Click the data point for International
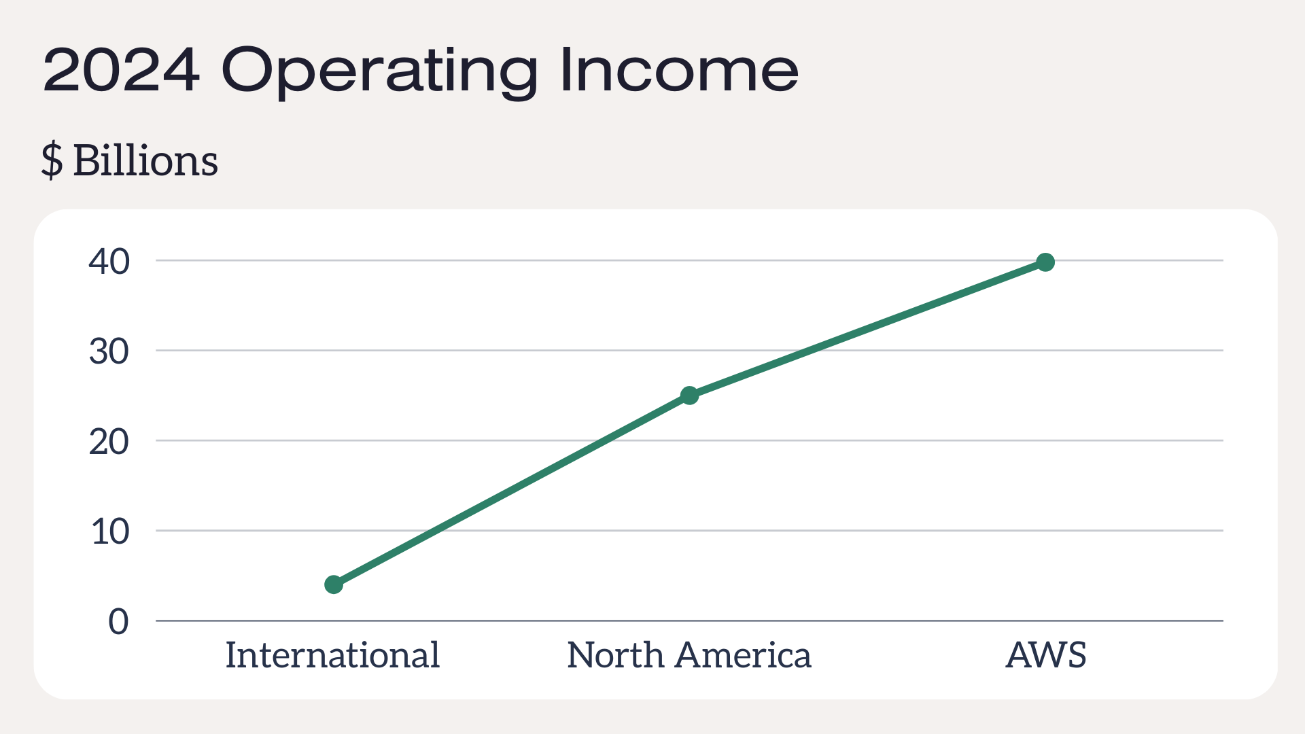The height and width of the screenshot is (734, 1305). click(334, 584)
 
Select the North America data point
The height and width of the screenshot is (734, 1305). click(689, 396)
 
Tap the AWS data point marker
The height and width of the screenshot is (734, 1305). click(1045, 262)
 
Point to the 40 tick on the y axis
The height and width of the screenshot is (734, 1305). click(109, 262)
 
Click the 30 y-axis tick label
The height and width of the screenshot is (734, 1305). click(109, 352)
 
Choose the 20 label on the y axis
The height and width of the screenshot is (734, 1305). click(109, 442)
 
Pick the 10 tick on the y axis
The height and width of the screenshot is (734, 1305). click(110, 532)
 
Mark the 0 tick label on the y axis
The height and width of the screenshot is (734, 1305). click(118, 622)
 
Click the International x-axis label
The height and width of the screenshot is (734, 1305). click(332, 655)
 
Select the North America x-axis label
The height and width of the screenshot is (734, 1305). click(689, 655)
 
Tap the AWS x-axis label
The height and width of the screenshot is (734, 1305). click(1046, 655)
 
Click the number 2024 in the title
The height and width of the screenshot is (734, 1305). click(122, 70)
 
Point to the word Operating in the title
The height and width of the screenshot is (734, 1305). click(380, 73)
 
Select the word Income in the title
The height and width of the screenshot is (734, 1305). click(680, 69)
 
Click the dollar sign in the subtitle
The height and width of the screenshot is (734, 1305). click(52, 161)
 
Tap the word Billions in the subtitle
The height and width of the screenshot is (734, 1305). click(145, 161)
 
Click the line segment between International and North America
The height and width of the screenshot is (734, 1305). click(512, 490)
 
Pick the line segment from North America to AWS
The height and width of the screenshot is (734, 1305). click(867, 329)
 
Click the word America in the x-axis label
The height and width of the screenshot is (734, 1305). click(744, 655)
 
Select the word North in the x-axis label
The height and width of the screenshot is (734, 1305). click(616, 655)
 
